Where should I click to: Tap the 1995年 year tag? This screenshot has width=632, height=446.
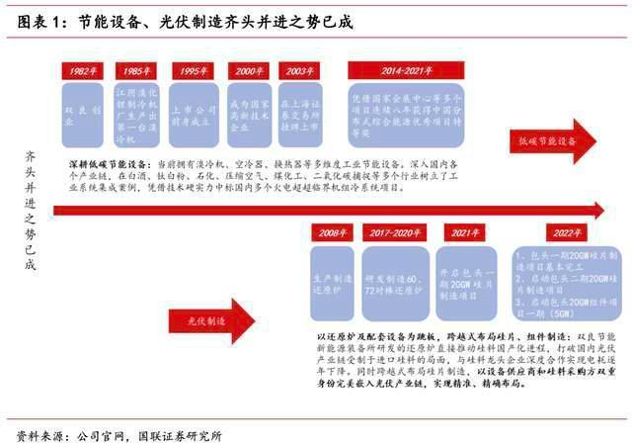(194, 71)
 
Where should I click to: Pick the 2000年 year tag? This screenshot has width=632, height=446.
(247, 71)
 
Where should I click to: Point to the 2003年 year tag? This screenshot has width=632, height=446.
(297, 71)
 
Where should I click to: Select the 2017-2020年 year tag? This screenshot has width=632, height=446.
(393, 233)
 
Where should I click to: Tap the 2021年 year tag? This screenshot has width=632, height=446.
(460, 233)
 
